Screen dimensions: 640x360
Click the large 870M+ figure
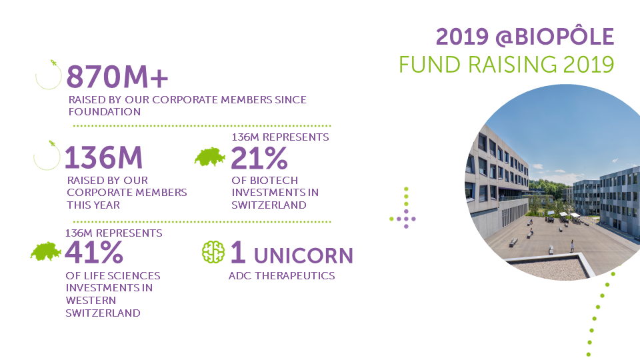point(117,77)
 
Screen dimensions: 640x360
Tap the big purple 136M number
point(104,157)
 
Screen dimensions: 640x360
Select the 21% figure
point(259,158)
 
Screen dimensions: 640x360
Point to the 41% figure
point(94,253)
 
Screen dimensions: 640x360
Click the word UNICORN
point(303,256)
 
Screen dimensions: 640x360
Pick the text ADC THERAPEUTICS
point(281,276)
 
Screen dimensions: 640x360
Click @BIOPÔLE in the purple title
point(555,37)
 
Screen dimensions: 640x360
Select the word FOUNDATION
point(105,112)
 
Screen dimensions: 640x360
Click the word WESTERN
point(91,301)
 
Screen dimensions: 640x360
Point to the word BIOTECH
point(274,181)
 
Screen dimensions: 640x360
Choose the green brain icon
point(213,252)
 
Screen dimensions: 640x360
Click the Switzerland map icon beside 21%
point(210,157)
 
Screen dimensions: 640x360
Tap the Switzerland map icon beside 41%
point(46,251)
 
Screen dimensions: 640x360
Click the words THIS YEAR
point(93,205)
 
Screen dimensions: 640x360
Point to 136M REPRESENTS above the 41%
point(113,233)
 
